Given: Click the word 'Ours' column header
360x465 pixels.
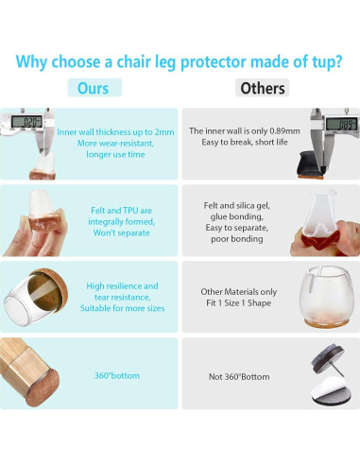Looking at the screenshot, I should (94, 88).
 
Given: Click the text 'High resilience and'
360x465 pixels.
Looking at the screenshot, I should (123, 285).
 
